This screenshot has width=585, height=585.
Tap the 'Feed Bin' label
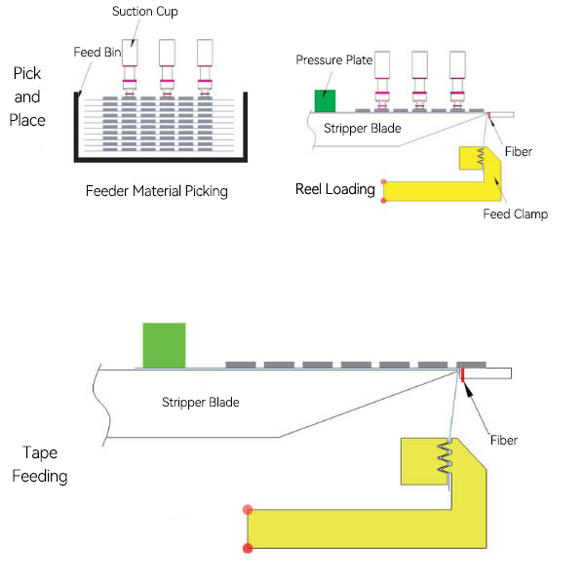coord(96,52)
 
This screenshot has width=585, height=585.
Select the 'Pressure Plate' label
coord(334,60)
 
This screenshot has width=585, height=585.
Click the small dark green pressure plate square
coord(325,100)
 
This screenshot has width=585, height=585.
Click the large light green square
coord(164,345)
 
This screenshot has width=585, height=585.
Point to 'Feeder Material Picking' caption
coord(156,191)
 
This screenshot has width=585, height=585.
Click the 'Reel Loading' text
coord(335,189)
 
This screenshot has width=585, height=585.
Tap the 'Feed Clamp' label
coord(516,214)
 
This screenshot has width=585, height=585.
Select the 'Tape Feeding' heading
coord(46,464)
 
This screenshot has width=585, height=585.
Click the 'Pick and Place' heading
coord(29,97)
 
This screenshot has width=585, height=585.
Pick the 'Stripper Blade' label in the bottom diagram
coord(200,402)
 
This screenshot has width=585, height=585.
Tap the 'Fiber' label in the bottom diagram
coord(503,441)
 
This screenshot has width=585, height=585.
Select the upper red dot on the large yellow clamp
coord(248,509)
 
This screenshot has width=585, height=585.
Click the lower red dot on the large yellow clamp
coord(248,549)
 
